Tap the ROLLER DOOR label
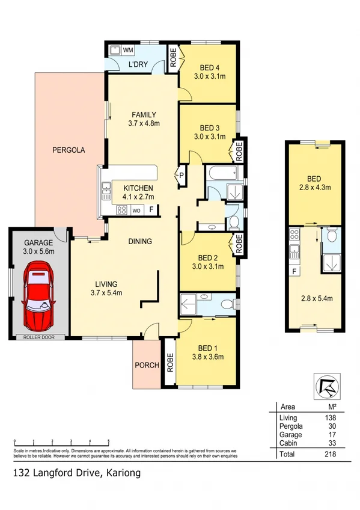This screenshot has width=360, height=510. coord(39,337)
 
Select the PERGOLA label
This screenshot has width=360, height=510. coord(67,150)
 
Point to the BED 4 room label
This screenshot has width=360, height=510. coord(209,67)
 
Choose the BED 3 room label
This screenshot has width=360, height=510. coord(209,127)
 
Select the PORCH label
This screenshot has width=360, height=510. coord(147,365)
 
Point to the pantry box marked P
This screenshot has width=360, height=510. coord(182,176)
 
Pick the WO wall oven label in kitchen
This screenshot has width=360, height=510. coord(136,210)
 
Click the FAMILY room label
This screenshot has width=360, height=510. coord(144,115)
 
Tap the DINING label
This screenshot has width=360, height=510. coord(139,241)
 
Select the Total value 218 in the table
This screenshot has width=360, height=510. coord(329,453)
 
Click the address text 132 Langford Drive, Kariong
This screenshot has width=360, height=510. coord(76,473)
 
